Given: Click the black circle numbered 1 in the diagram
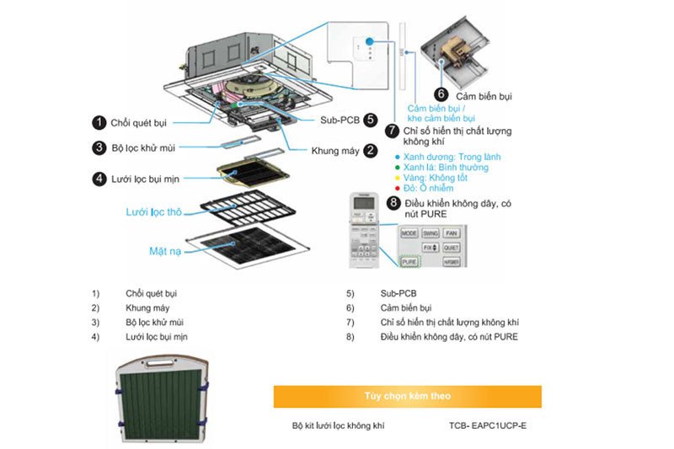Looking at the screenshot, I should click(99, 123).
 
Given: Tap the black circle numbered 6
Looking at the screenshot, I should click(441, 94).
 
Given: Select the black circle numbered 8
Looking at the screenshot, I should click(393, 203).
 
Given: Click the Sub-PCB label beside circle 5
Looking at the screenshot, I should click(340, 120).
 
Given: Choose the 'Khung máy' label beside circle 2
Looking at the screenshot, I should click(334, 151).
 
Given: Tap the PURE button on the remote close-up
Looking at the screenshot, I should click(409, 262).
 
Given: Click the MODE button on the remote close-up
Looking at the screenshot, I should click(409, 233).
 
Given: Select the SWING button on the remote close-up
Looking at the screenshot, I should click(430, 233).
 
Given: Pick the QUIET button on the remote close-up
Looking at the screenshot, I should click(451, 248).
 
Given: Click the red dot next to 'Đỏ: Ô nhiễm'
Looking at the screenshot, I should click(396, 188).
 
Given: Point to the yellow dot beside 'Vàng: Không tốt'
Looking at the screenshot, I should click(396, 178).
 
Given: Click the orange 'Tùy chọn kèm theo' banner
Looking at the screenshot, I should click(407, 396).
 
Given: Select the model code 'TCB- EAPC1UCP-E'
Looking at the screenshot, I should click(488, 426).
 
